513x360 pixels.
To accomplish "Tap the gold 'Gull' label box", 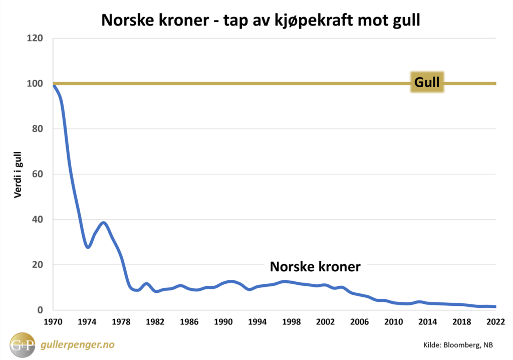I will click(427, 82).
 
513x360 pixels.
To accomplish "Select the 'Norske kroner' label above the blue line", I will click(315, 267).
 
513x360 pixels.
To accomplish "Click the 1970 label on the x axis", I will click(53, 321).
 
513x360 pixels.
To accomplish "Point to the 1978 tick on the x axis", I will click(121, 321).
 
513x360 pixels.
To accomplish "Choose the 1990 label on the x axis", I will click(223, 321).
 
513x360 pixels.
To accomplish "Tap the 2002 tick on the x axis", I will click(326, 321).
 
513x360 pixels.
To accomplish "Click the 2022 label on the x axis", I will click(495, 321).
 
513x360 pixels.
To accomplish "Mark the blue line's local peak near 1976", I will click(104, 223).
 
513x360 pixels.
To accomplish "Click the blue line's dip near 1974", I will click(88, 247).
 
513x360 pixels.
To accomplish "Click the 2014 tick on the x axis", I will click(427, 321).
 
